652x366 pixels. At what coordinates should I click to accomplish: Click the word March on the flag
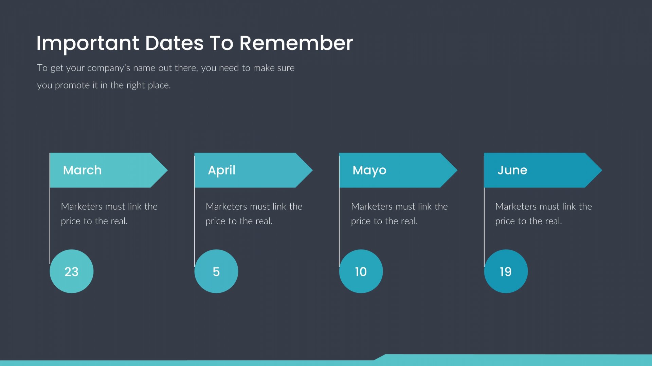point(82,170)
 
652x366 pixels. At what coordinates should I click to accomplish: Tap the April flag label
point(221,170)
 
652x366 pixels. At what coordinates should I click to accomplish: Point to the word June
point(512,170)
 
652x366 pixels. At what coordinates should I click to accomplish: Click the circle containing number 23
point(71,271)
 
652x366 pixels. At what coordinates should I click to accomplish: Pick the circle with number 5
point(216,271)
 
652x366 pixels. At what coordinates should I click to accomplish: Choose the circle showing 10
point(361,271)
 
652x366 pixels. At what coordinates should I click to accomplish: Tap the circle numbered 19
point(506,271)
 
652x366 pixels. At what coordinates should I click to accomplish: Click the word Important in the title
point(88,44)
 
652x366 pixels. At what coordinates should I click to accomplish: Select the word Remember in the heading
point(296,43)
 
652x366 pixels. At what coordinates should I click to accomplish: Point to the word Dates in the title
point(175,43)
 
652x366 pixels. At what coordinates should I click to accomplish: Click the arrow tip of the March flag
point(167,170)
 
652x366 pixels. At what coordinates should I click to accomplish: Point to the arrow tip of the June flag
point(602,170)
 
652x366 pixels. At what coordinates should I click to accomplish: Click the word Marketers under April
point(226,206)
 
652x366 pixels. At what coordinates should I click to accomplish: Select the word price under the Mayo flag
point(361,221)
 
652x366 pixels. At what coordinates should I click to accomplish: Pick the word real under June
point(553,221)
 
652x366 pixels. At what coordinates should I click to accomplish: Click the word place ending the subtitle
point(159,85)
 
